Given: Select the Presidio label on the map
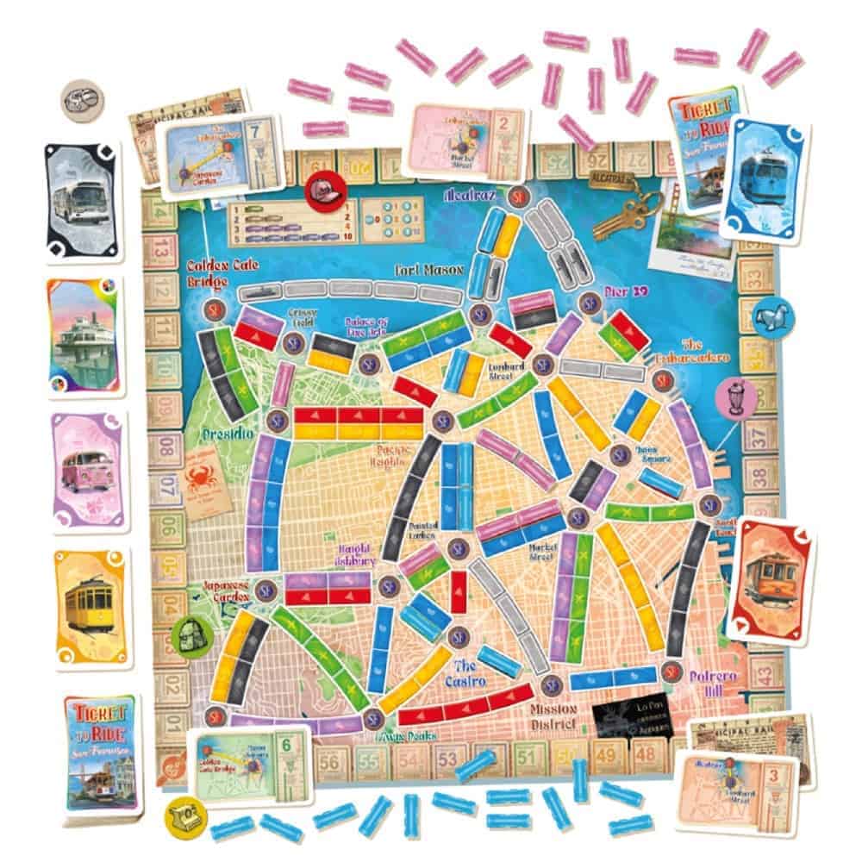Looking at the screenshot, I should (227, 433).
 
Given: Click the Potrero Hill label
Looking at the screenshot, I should (711, 683).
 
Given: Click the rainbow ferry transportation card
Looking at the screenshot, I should (84, 334).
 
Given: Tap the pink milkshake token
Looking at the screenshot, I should (738, 396).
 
